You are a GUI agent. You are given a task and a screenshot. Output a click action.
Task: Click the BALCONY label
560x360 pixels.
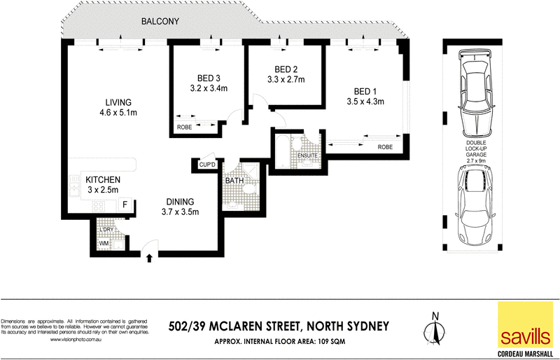tap(160, 22)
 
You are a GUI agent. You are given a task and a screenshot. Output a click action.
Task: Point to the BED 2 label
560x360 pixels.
tap(286, 69)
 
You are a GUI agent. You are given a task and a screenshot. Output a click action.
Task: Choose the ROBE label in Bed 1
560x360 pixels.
tap(384, 147)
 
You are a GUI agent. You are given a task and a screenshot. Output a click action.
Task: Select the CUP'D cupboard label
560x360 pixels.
tap(206, 165)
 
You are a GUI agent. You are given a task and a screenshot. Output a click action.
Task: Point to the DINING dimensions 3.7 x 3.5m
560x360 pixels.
tap(181, 212)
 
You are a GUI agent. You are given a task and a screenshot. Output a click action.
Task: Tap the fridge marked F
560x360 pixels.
tap(125, 205)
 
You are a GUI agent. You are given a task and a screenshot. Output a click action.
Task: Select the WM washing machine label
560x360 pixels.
tap(104, 244)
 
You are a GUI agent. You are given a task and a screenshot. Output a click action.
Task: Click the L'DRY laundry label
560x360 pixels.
tap(107, 229)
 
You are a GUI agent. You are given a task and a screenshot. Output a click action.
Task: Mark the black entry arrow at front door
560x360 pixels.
tap(149, 258)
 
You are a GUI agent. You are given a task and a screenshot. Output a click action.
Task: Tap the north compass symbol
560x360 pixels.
tap(435, 328)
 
